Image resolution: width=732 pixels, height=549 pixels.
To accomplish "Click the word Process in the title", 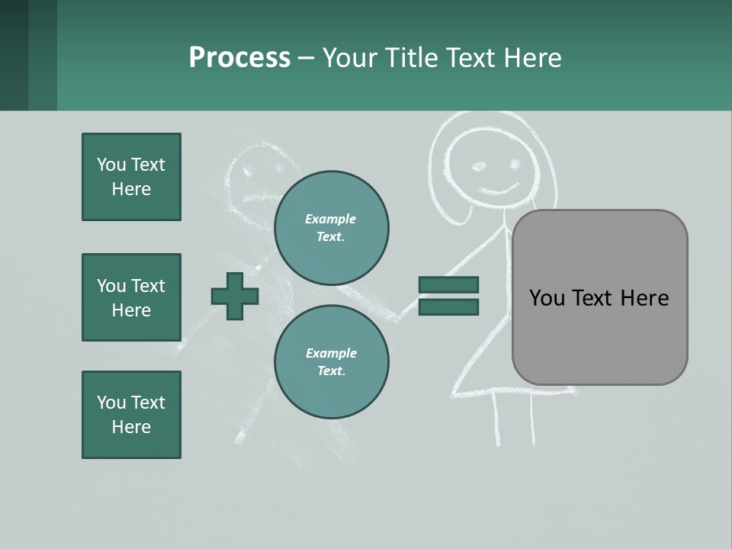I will pyautogui.click(x=239, y=58).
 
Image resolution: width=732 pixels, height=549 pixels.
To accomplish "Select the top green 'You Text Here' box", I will pyautogui.click(x=131, y=177).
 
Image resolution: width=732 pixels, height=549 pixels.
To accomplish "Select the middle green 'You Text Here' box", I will pyautogui.click(x=131, y=297).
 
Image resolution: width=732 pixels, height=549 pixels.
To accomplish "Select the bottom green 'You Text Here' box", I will pyautogui.click(x=131, y=415).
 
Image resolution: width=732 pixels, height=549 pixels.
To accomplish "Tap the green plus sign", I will pyautogui.click(x=235, y=296).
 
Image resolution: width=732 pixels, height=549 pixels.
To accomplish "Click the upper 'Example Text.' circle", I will pyautogui.click(x=331, y=227).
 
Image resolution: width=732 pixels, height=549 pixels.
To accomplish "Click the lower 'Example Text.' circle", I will pyautogui.click(x=331, y=361).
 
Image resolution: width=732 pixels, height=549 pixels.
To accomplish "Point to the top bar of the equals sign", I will pyautogui.click(x=448, y=285).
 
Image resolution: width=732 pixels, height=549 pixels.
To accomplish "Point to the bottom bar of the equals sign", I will pyautogui.click(x=448, y=307).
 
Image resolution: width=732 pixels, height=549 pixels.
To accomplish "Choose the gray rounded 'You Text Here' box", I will pyautogui.click(x=599, y=297).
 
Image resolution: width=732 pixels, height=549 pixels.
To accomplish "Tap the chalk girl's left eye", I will pyautogui.click(x=479, y=165).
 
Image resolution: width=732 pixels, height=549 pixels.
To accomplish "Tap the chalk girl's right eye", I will pyautogui.click(x=515, y=164).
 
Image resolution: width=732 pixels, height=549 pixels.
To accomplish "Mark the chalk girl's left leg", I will pyautogui.click(x=497, y=419).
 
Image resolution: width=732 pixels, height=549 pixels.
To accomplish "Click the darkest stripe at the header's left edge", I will pyautogui.click(x=14, y=55).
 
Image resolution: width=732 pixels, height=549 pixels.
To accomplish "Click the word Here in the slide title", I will pyautogui.click(x=534, y=58).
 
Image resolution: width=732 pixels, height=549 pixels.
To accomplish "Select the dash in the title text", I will pyautogui.click(x=306, y=58).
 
